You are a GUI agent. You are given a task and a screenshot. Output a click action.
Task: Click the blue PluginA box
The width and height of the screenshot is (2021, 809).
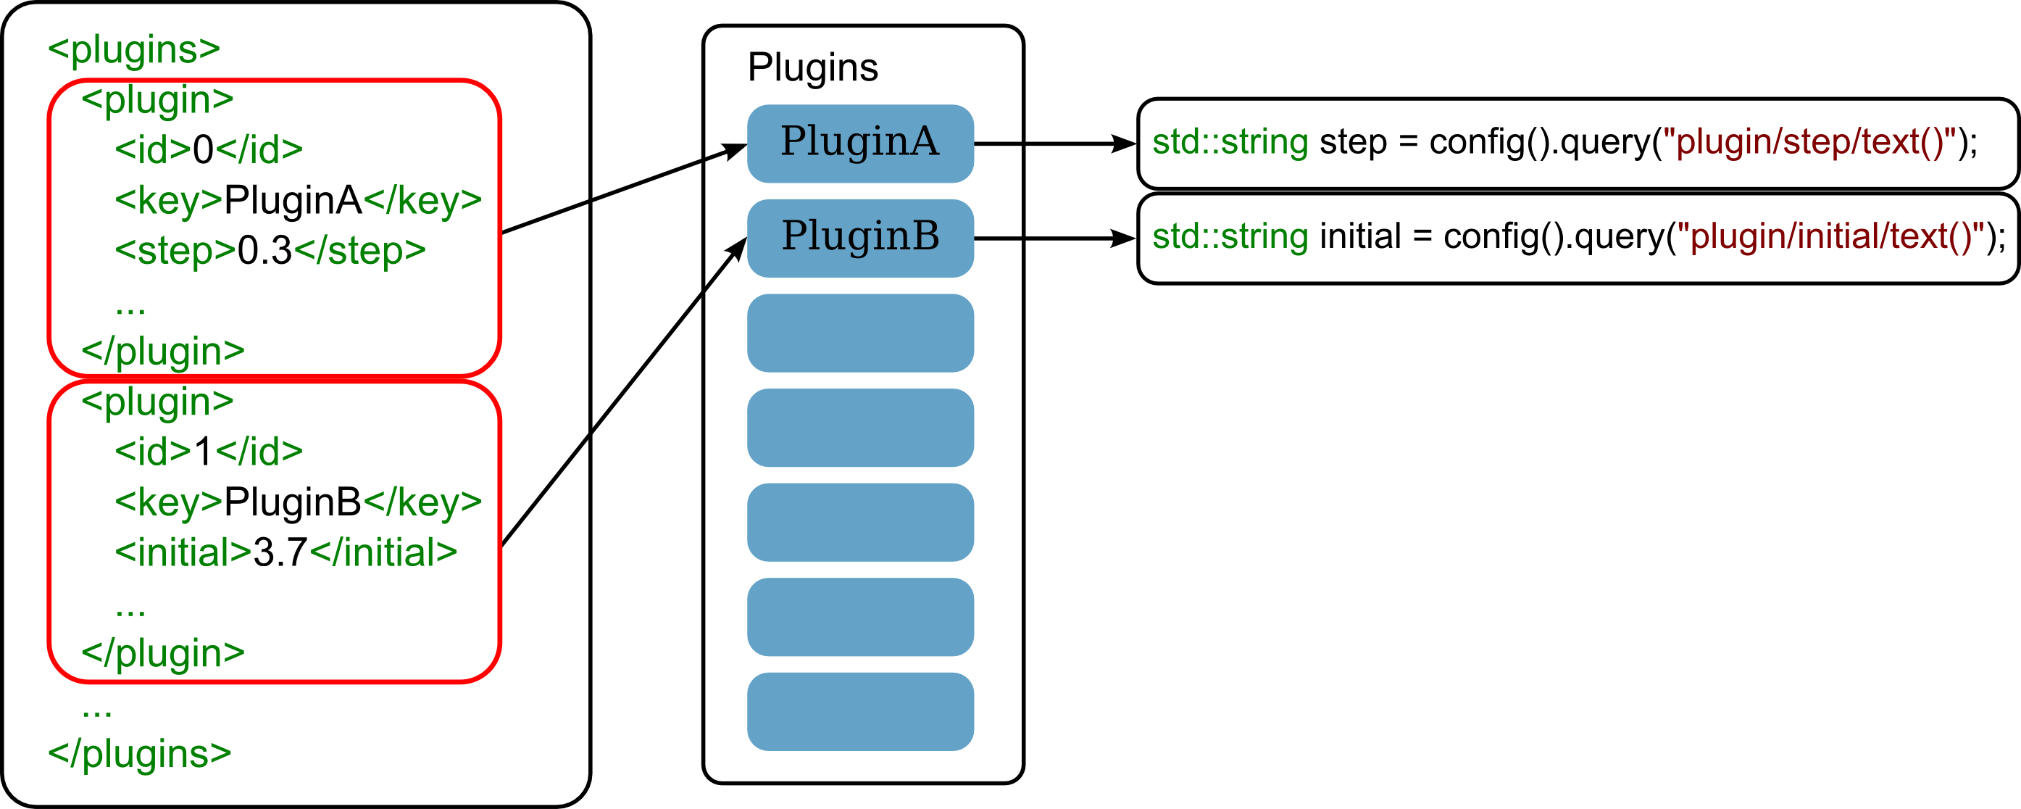click(x=860, y=144)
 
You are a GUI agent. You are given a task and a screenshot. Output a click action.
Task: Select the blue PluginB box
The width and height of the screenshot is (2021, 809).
click(x=860, y=238)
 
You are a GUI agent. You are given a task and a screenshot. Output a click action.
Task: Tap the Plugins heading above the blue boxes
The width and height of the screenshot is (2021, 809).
click(x=813, y=67)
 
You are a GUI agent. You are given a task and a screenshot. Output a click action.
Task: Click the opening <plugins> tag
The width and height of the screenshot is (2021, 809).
click(x=133, y=49)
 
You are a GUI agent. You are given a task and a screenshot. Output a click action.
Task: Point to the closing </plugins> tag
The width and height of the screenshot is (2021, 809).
click(x=140, y=753)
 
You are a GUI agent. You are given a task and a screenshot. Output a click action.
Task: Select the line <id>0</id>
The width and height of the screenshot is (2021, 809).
click(x=209, y=149)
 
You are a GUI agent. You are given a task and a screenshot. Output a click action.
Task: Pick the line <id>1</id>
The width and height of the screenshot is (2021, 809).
click(x=209, y=451)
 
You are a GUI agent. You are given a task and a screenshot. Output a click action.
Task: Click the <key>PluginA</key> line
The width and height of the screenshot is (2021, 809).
click(x=298, y=200)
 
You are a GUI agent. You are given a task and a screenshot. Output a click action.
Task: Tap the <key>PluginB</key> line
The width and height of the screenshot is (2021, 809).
click(x=298, y=502)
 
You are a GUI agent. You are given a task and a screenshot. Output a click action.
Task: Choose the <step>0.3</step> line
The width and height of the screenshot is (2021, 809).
click(x=270, y=250)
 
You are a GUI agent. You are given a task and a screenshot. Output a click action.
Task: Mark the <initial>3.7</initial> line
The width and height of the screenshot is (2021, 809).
click(x=286, y=552)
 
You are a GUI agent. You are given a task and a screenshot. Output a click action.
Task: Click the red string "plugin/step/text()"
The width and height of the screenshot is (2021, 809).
click(x=1809, y=142)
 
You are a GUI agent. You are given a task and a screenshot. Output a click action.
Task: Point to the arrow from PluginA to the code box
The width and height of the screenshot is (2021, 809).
click(x=1055, y=144)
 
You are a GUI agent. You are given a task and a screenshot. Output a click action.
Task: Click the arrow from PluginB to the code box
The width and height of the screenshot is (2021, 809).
click(x=1055, y=238)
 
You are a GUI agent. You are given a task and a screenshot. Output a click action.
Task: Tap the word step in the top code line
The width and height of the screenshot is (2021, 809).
click(x=1354, y=142)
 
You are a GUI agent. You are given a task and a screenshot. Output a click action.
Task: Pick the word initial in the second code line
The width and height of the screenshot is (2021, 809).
click(x=1360, y=236)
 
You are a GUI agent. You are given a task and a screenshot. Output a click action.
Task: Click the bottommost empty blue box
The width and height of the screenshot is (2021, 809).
click(x=860, y=711)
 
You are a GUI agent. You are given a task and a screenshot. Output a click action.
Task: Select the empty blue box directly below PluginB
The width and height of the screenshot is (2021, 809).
click(x=860, y=333)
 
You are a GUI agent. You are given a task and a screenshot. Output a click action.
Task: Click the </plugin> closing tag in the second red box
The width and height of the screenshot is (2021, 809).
click(x=163, y=653)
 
